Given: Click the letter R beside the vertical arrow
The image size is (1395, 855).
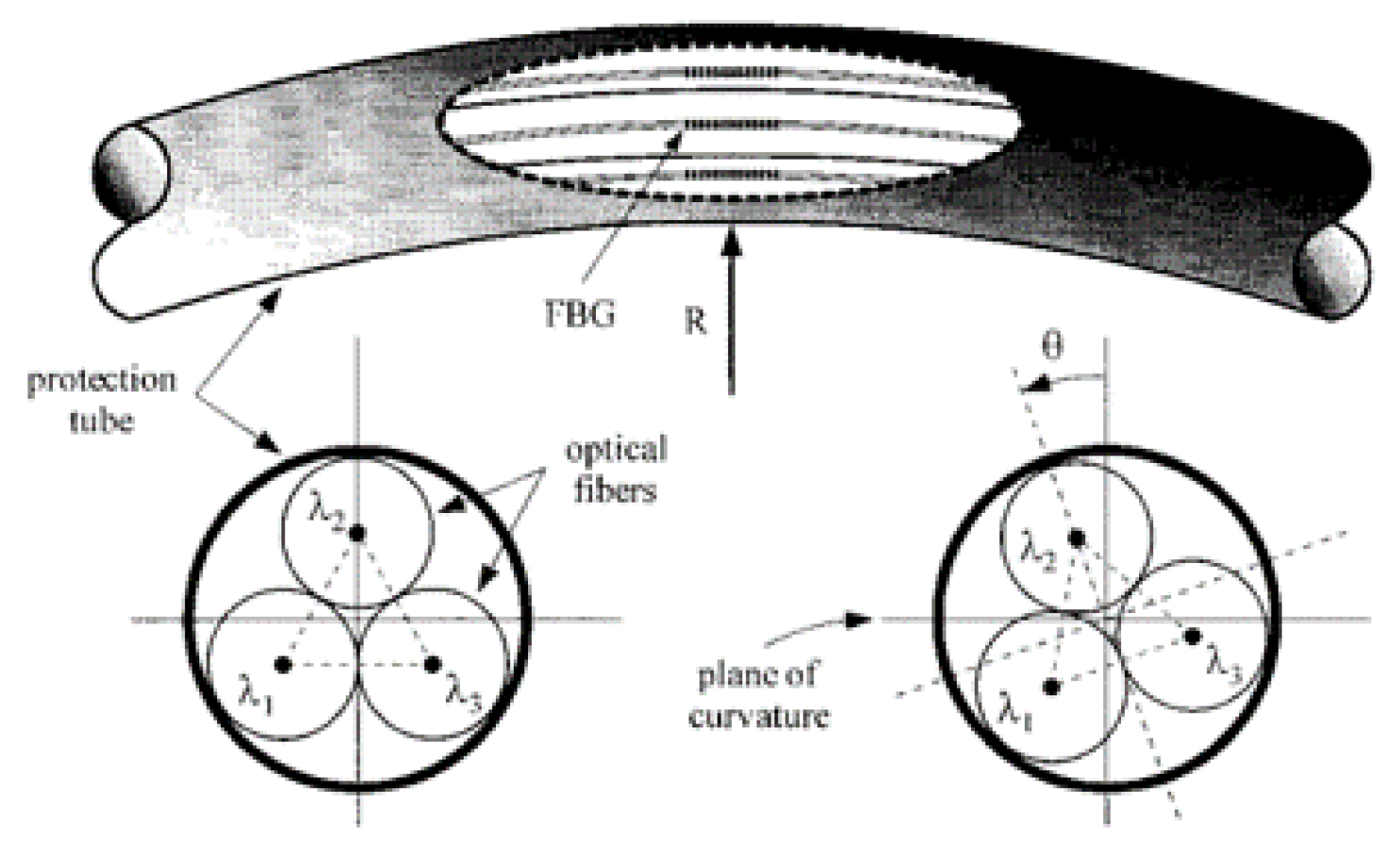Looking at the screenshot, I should (694, 322).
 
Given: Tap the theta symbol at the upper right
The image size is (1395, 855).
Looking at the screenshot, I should (1051, 346).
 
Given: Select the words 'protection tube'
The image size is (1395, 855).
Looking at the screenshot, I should (101, 400).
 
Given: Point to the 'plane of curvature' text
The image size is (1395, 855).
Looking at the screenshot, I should (758, 694).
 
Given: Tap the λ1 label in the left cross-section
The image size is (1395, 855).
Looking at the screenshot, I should (255, 700).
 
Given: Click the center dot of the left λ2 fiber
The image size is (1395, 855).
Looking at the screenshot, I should (357, 533).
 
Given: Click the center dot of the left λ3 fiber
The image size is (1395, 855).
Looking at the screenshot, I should (433, 664).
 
